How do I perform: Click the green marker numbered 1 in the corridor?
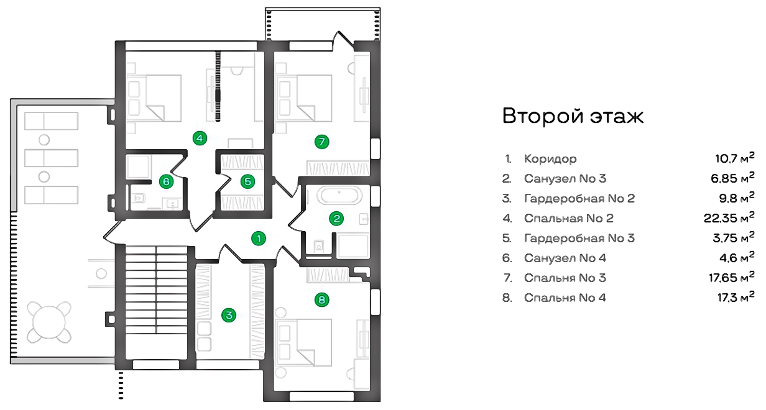point(259,238)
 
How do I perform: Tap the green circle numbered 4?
point(200,139)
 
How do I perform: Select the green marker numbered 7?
point(322,142)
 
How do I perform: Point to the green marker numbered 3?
point(229,315)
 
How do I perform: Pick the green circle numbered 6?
point(166,181)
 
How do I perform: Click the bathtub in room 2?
point(339,196)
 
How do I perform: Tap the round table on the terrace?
point(49,322)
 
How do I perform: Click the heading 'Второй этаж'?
point(573,116)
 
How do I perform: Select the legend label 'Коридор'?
point(550,159)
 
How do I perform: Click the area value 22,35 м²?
point(729,217)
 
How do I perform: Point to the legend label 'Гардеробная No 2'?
point(579,199)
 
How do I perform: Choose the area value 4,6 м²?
point(737,257)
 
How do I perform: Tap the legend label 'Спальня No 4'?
point(565,298)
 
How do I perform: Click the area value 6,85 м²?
point(732,178)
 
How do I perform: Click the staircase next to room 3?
point(156,289)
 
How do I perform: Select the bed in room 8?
point(305,343)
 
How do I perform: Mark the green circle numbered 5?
point(247,181)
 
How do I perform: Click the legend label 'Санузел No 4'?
point(565,258)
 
